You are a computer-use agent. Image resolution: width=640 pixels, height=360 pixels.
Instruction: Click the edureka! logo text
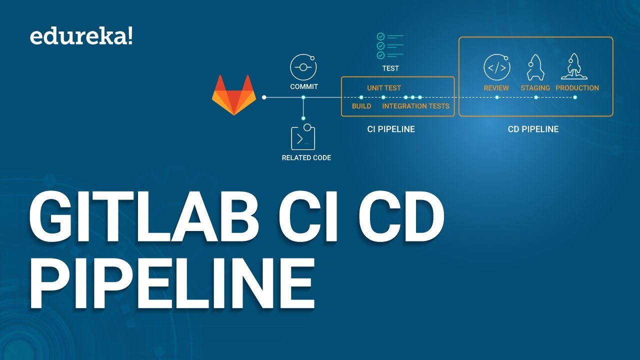81,37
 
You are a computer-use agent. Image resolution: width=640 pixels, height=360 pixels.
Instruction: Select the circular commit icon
303,67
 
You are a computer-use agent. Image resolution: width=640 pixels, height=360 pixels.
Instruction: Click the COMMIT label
304,86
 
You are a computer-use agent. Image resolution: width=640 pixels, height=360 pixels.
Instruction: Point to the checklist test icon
390,46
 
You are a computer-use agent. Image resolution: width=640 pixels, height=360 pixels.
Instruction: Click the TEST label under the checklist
390,68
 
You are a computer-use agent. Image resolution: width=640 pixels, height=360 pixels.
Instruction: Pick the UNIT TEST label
384,88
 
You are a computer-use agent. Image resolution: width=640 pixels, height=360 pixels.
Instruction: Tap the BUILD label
361,106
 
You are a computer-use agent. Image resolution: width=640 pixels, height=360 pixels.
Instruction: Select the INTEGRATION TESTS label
415,106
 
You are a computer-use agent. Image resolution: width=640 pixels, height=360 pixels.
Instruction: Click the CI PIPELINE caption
391,129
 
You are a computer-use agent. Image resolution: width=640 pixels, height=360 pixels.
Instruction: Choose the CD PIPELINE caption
533,129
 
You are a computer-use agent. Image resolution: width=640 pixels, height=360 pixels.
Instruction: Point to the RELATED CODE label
306,157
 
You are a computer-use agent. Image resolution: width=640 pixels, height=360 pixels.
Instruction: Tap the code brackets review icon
496,67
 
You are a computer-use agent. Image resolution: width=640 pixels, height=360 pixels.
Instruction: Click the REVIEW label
496,88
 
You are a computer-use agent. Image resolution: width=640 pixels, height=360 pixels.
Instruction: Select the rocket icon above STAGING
535,67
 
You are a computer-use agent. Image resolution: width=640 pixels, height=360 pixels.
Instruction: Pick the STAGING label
535,88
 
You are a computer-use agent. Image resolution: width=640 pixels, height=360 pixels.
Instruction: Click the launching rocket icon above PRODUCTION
574,67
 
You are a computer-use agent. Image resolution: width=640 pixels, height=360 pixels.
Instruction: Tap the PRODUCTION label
577,88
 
